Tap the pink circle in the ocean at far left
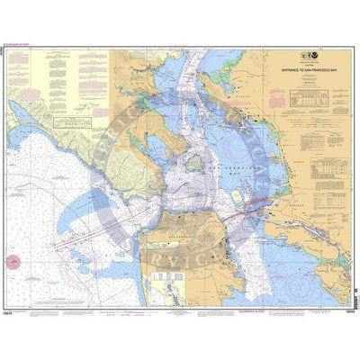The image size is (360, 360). point(13,262)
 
